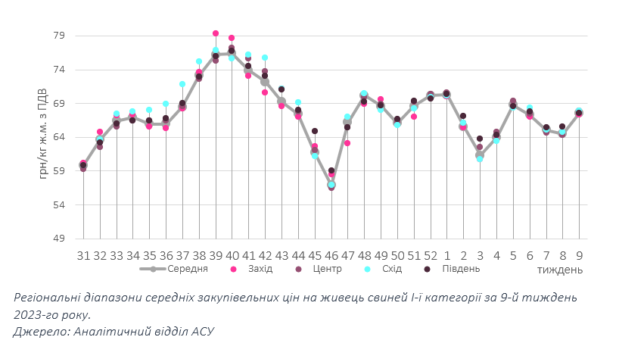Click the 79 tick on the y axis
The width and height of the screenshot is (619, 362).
(x=59, y=36)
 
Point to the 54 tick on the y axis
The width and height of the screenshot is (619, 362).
(x=59, y=205)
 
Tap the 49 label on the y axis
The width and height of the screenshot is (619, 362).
(x=59, y=239)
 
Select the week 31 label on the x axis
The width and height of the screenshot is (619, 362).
(x=83, y=255)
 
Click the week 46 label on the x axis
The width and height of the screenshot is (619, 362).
(x=331, y=255)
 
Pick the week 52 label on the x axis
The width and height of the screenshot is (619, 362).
(x=431, y=255)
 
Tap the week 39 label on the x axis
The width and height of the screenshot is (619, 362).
(x=216, y=255)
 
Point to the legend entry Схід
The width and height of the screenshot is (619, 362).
(x=385, y=269)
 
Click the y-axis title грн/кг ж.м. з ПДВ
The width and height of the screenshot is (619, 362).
(x=42, y=137)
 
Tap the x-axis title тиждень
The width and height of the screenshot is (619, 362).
(x=560, y=270)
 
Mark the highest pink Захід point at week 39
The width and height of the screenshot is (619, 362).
(x=216, y=33)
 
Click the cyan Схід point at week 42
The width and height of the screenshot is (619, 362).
(x=265, y=58)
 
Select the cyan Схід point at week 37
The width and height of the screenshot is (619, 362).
(x=182, y=84)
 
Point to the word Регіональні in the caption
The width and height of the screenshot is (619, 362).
(x=50, y=298)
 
